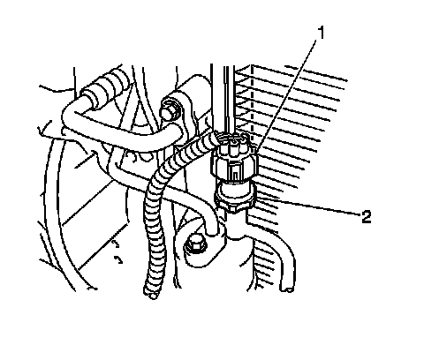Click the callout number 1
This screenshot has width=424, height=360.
(321, 33)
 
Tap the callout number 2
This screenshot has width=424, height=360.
(367, 217)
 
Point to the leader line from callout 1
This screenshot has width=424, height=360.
(287, 96)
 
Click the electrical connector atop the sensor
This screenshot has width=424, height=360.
(235, 156)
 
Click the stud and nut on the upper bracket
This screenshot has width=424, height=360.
(170, 109)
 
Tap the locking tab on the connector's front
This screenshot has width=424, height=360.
(234, 173)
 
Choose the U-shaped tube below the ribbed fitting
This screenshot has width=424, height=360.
(124, 130)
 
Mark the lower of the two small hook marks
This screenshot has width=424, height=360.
(118, 259)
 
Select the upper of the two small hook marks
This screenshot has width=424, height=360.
(116, 244)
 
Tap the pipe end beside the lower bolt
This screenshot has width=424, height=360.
(213, 230)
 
